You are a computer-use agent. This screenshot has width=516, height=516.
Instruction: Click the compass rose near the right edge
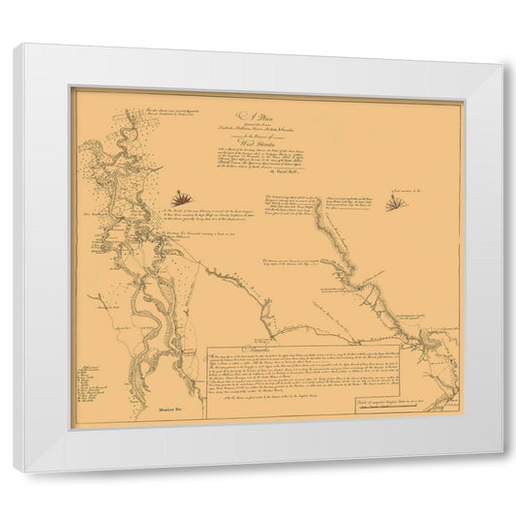coord(395,203)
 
